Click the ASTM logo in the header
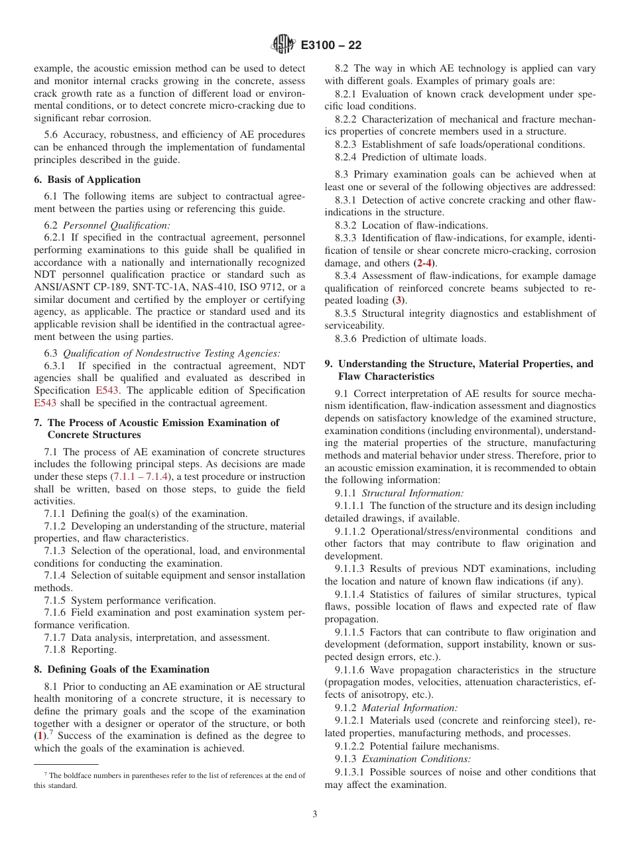pos(283,45)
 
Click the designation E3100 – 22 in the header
pos(331,46)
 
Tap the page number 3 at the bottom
pos(315,815)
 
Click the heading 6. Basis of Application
pos(87,180)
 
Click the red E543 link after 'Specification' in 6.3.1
pos(107,390)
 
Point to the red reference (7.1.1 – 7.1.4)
pos(141,477)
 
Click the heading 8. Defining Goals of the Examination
pos(121,669)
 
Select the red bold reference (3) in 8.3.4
pos(399,301)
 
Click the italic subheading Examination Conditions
pos(416,759)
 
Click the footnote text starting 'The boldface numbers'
pos(169,780)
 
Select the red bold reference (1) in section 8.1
pos(40,736)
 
